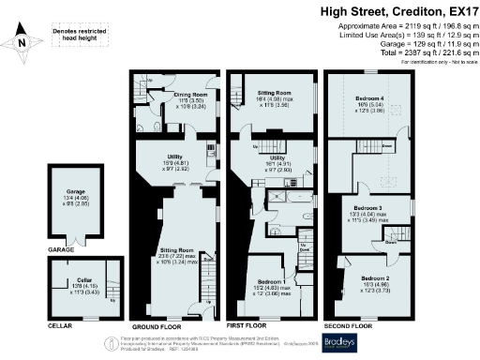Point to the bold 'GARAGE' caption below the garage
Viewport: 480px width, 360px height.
tap(60, 250)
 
